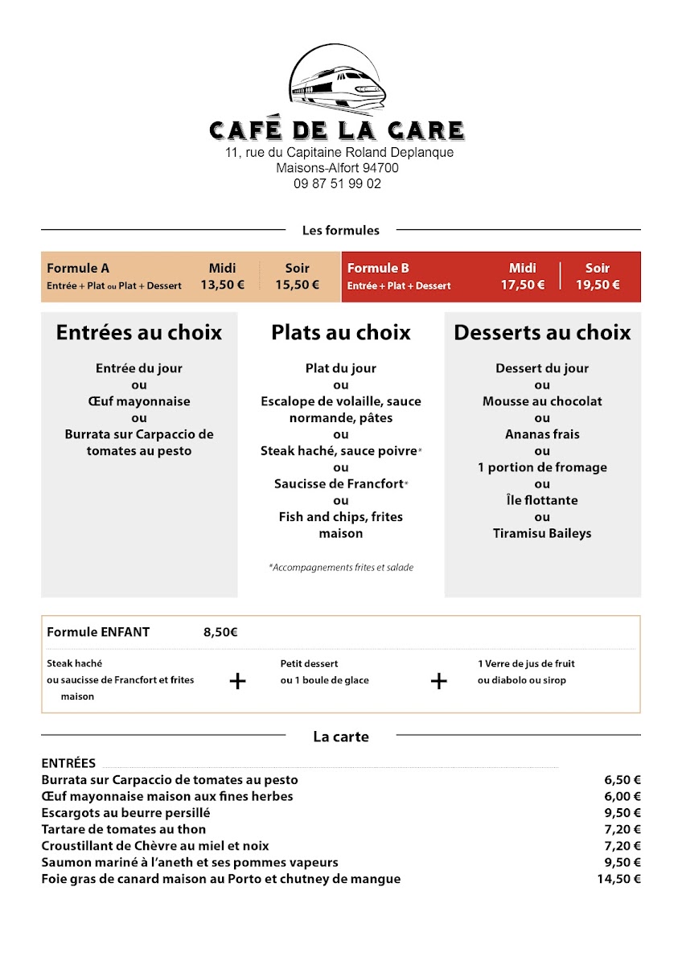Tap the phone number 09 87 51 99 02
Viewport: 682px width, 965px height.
[337, 183]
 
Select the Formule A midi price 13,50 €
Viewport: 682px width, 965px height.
[222, 284]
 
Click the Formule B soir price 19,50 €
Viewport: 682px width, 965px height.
[597, 284]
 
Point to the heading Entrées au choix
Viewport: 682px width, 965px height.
[139, 333]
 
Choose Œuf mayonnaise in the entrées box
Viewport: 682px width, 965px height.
[139, 401]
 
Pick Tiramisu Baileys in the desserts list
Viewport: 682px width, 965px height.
[542, 533]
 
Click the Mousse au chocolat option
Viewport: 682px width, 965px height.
[542, 401]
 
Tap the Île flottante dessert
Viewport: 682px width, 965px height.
[542, 500]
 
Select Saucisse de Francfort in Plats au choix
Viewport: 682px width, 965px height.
[340, 483]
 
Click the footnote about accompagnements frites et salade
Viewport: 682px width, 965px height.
[341, 568]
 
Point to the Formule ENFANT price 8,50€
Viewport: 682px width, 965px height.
[220, 632]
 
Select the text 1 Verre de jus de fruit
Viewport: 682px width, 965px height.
[526, 664]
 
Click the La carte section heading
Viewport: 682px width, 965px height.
[341, 736]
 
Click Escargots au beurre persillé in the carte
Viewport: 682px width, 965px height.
[125, 813]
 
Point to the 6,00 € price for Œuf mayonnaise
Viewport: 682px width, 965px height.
[622, 796]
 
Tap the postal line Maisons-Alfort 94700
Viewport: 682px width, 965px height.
[337, 168]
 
